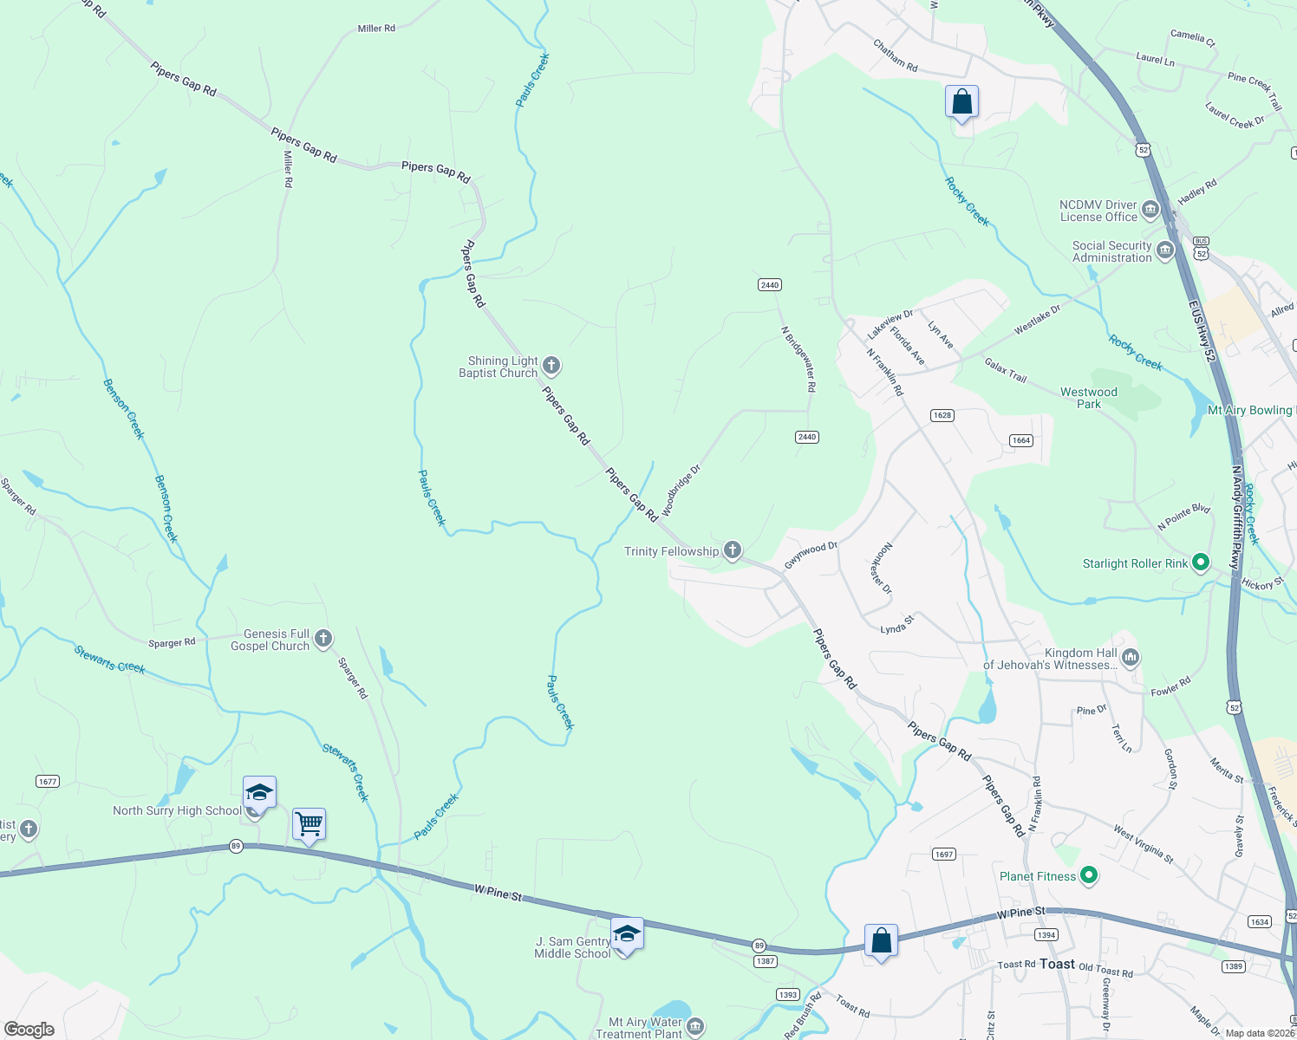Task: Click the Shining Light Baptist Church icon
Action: click(x=551, y=366)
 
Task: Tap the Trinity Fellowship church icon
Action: click(x=733, y=550)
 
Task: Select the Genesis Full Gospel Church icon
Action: click(x=323, y=640)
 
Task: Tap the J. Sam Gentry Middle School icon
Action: click(x=627, y=934)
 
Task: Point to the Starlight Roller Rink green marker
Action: click(x=1201, y=563)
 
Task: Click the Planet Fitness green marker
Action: click(x=1090, y=876)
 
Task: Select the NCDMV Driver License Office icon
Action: click(x=1150, y=210)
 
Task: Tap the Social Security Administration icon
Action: click(x=1165, y=251)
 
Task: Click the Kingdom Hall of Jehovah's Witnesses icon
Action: click(x=1131, y=659)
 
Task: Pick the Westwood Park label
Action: click(x=1089, y=398)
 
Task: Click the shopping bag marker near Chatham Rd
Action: click(x=961, y=102)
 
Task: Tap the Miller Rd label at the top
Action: click(x=376, y=29)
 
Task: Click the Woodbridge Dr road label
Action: click(x=681, y=491)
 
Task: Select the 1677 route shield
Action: click(x=48, y=782)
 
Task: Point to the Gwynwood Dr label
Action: click(x=811, y=556)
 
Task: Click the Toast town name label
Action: click(x=1057, y=964)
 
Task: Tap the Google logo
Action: click(x=29, y=1029)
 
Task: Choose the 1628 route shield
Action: click(x=942, y=415)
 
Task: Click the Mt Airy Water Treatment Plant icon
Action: click(x=695, y=1027)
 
